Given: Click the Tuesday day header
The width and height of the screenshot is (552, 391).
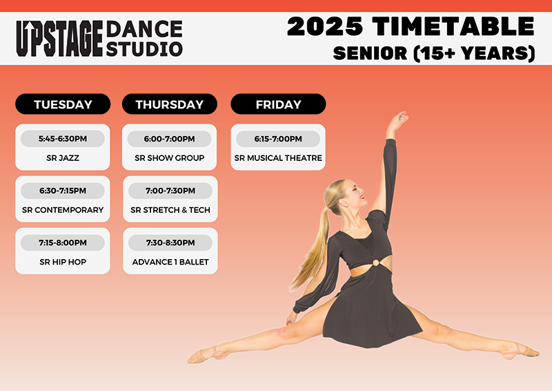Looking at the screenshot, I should pyautogui.click(x=63, y=104).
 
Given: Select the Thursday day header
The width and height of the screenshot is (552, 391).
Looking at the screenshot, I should pyautogui.click(x=170, y=104).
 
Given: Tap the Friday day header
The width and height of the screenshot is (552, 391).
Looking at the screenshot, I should pyautogui.click(x=278, y=104).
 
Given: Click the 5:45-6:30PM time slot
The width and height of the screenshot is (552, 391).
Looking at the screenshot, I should pyautogui.click(x=63, y=139).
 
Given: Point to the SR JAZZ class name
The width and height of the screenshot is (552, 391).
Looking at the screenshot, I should pyautogui.click(x=63, y=158).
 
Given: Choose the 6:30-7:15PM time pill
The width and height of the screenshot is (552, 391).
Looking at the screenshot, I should pyautogui.click(x=63, y=191).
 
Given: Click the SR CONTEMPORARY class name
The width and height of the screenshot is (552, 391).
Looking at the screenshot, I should pyautogui.click(x=63, y=210).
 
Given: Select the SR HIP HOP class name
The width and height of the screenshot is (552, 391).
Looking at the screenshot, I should pyautogui.click(x=63, y=262).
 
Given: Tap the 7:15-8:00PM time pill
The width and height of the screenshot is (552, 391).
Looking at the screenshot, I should pyautogui.click(x=63, y=242).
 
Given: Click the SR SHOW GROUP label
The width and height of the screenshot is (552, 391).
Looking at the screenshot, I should pyautogui.click(x=170, y=158).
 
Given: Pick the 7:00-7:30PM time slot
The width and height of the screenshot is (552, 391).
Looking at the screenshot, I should pyautogui.click(x=170, y=191).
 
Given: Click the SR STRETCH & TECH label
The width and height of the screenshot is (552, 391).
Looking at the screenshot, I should pyautogui.click(x=170, y=210).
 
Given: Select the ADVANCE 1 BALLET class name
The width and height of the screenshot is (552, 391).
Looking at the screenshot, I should pyautogui.click(x=170, y=262).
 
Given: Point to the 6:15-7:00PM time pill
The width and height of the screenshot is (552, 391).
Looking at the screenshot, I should pyautogui.click(x=278, y=139).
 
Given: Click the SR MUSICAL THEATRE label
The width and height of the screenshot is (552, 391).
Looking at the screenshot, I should pyautogui.click(x=278, y=158).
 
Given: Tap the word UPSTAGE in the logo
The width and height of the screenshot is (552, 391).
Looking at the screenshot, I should pyautogui.click(x=59, y=39).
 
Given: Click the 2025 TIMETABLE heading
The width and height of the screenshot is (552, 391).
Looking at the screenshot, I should pyautogui.click(x=411, y=26).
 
